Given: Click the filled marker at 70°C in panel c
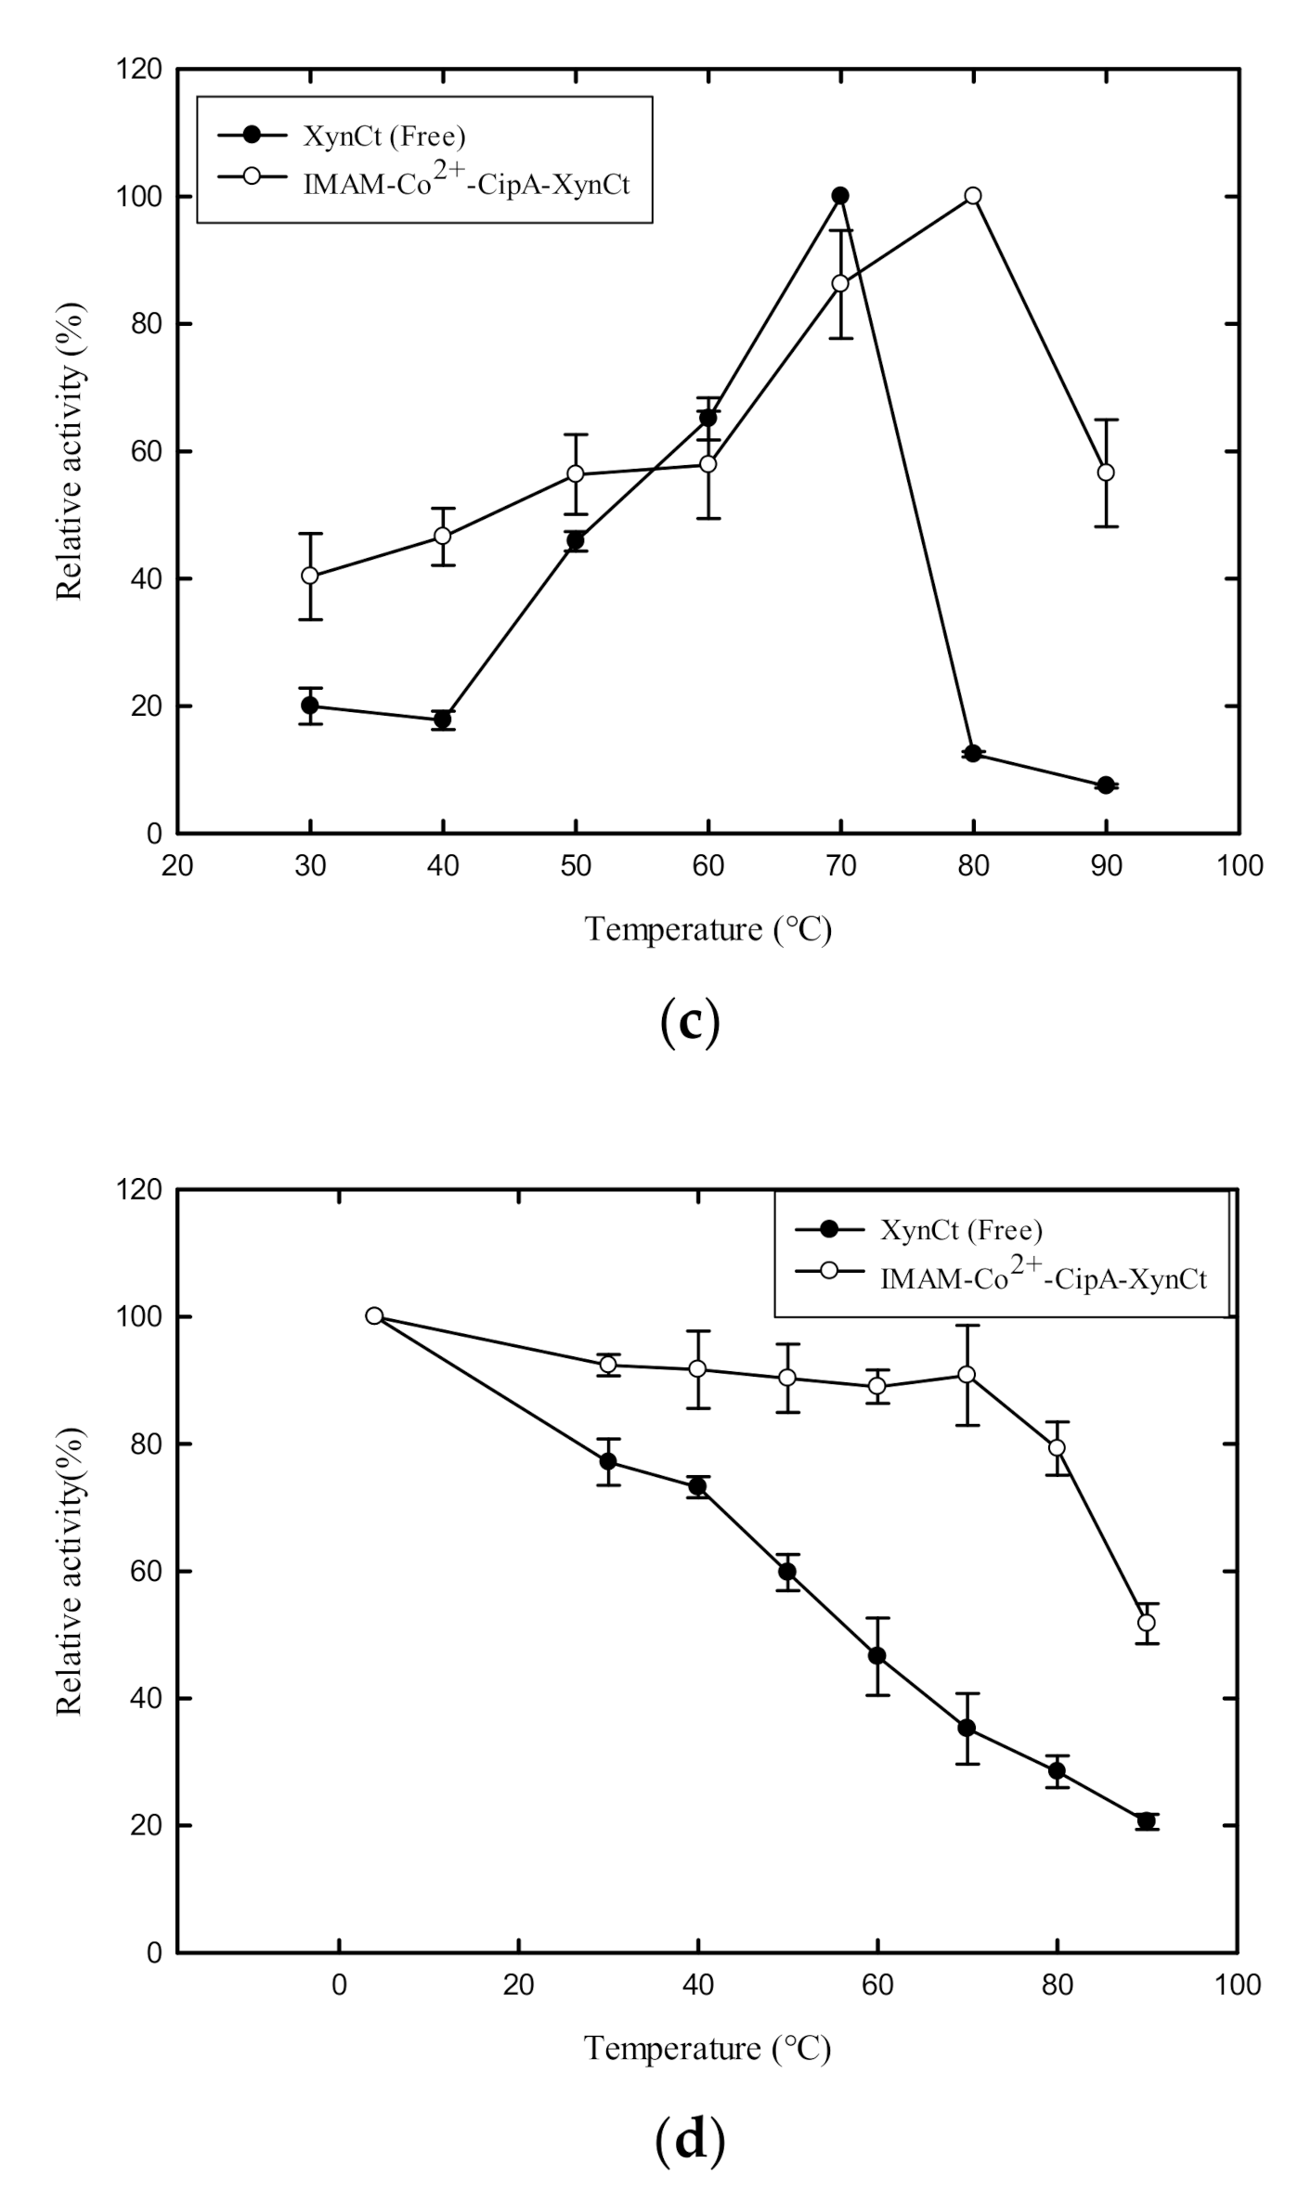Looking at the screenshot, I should (x=840, y=196).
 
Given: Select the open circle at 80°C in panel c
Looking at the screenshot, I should (x=973, y=196).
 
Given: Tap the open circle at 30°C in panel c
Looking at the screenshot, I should (x=310, y=576).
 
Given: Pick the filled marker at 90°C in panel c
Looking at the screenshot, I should (x=1106, y=785).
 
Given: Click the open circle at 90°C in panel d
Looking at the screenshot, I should (x=1147, y=1623).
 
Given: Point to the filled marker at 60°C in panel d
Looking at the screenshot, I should (x=876, y=1656).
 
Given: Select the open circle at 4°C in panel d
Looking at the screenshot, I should (x=374, y=1315).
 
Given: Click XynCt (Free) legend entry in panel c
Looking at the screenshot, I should (x=383, y=136).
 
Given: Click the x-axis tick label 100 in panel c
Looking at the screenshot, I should (x=1240, y=866).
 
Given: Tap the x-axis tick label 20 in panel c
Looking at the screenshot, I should (x=177, y=866).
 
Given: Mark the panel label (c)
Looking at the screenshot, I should (x=689, y=1023).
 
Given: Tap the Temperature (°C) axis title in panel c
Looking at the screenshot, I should (x=707, y=929).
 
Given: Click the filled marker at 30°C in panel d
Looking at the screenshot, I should (x=608, y=1461).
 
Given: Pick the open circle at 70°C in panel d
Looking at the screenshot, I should (x=967, y=1375).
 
